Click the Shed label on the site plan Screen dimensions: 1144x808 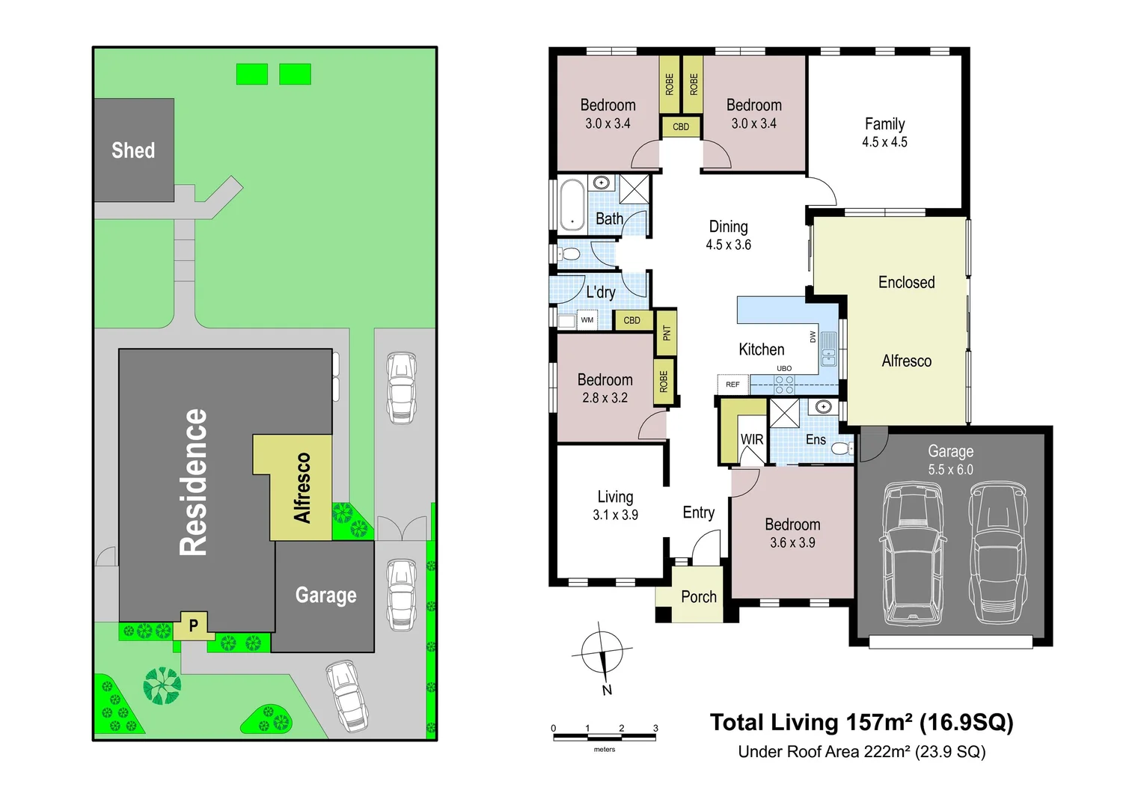click(x=132, y=150)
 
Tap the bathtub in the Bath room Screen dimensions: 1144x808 click(x=572, y=205)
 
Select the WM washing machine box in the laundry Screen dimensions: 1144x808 click(x=587, y=320)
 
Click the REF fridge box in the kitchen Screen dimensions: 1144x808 click(x=733, y=384)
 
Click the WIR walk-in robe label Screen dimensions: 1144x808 click(x=752, y=439)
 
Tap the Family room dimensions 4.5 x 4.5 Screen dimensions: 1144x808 click(x=884, y=142)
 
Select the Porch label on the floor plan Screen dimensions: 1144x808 click(x=699, y=596)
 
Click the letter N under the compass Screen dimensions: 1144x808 click(x=607, y=690)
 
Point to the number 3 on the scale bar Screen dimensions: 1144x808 click(x=655, y=728)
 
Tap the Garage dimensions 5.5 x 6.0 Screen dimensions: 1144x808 click(x=950, y=469)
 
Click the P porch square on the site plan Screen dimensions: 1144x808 click(x=194, y=625)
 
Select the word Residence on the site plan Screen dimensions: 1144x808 click(x=194, y=482)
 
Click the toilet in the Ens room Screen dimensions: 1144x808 click(x=841, y=448)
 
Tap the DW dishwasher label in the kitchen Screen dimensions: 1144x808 click(x=813, y=337)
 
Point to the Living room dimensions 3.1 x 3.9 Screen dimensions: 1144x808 click(x=616, y=515)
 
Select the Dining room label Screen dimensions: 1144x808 click(x=728, y=226)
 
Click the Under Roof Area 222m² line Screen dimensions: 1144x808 click(x=862, y=751)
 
